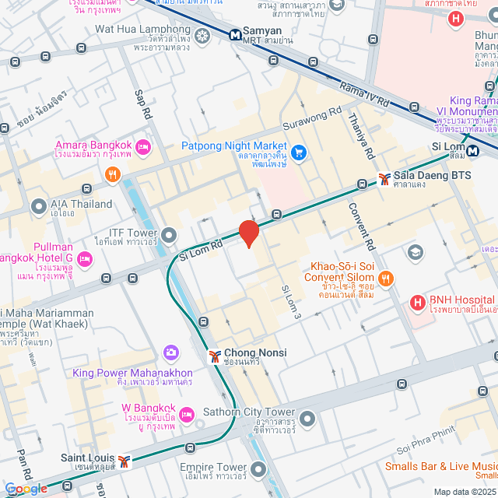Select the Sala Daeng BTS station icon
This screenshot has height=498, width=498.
384,178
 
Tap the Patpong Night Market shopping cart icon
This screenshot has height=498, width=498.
299,149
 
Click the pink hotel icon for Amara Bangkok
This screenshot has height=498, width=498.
142,146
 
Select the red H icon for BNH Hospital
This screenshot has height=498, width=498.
418,302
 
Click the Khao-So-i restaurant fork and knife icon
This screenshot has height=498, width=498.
384,278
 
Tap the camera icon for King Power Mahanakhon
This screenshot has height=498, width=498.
170,355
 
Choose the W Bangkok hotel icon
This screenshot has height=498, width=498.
187,414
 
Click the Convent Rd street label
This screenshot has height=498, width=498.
368,226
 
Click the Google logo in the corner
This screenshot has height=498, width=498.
25,488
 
